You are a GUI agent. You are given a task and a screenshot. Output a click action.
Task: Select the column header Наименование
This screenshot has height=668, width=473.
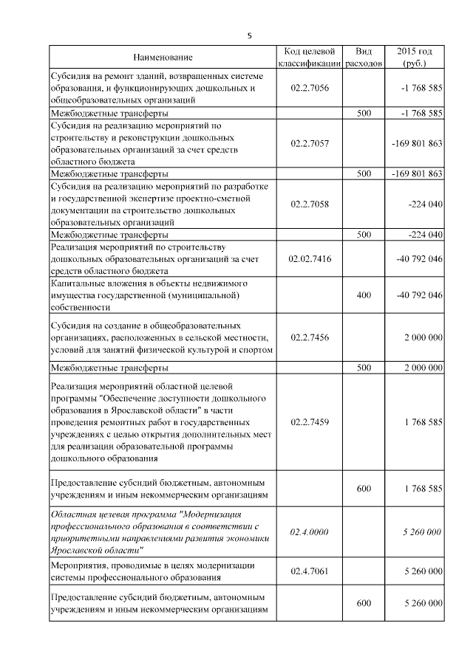pos(163,58)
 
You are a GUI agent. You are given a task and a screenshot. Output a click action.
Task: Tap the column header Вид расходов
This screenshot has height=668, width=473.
pos(364,58)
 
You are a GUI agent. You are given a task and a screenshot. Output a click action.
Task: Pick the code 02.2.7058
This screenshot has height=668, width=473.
pos(310,203)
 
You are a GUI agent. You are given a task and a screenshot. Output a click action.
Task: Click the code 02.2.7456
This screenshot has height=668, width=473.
pos(310,337)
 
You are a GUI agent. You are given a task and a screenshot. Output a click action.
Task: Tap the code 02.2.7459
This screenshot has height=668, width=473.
pos(310,422)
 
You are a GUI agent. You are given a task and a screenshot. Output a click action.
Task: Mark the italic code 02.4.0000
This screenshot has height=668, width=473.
pos(310,532)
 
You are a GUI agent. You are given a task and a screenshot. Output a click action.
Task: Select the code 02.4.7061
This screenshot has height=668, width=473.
pos(310,571)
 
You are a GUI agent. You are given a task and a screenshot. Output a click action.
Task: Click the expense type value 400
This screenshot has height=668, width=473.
pos(364,295)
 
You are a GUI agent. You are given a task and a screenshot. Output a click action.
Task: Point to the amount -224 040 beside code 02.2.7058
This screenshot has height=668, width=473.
pos(425,203)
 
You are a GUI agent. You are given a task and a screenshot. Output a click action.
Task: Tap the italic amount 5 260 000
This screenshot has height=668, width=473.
pos(423,532)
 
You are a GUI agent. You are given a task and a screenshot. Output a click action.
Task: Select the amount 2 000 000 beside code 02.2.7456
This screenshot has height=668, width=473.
pos(423,337)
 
